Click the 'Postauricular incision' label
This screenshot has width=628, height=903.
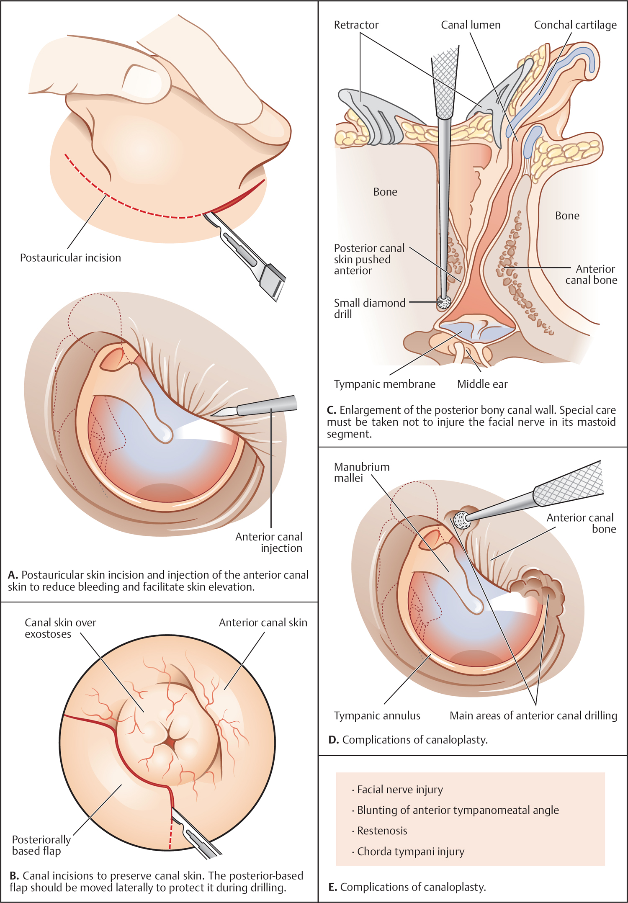70,257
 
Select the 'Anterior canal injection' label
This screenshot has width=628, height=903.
269,542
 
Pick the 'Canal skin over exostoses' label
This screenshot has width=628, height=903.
60,628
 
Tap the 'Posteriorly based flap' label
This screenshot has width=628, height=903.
41,845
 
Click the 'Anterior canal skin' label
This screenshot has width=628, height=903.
263,623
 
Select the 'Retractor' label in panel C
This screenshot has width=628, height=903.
356,25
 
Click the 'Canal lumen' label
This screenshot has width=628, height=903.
471,25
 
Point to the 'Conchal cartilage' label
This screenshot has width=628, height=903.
575,25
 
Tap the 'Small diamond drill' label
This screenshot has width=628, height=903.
369,308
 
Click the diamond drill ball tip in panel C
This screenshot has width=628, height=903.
443,302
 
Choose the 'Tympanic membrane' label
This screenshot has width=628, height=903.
384,384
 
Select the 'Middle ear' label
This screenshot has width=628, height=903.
482,384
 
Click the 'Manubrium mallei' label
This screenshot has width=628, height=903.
361,472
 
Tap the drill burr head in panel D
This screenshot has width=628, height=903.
462,520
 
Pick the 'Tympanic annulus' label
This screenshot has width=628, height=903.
377,715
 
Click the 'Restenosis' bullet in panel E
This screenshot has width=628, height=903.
382,831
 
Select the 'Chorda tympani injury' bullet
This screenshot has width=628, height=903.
410,851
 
